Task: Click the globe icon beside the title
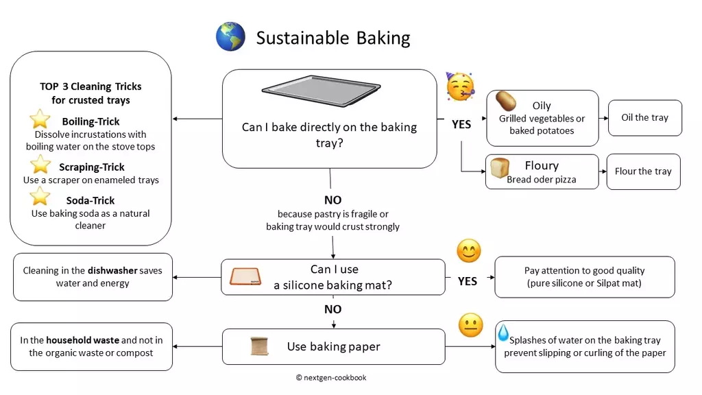[x=230, y=36]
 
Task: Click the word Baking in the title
[x=383, y=38]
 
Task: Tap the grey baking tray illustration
[x=321, y=91]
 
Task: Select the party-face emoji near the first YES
[x=460, y=86]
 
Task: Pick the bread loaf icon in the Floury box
[x=500, y=167]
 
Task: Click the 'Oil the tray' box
[x=644, y=118]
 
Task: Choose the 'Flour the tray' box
[x=643, y=171]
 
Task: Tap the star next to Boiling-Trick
[x=40, y=119]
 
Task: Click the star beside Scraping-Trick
[x=40, y=165]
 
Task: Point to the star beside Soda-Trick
[x=40, y=196]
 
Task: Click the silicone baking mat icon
[x=245, y=277]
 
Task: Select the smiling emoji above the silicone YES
[x=469, y=251]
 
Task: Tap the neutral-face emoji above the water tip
[x=470, y=325]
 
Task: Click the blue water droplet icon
[x=503, y=333]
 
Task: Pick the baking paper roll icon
[x=259, y=346]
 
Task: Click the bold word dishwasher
[x=112, y=270]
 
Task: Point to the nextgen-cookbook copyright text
[x=331, y=378]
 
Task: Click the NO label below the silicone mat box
[x=332, y=309]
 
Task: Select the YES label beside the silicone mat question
[x=468, y=281]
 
